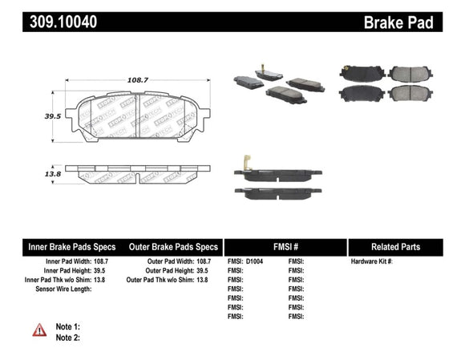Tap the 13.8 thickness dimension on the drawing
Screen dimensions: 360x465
click(54, 173)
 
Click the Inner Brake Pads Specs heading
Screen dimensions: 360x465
click(71, 248)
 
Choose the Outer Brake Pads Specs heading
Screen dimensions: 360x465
click(173, 248)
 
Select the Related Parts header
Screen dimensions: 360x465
click(400, 248)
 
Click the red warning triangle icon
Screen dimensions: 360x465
click(39, 330)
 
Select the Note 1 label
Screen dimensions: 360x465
click(68, 326)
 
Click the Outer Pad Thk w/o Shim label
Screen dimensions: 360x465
click(156, 280)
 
